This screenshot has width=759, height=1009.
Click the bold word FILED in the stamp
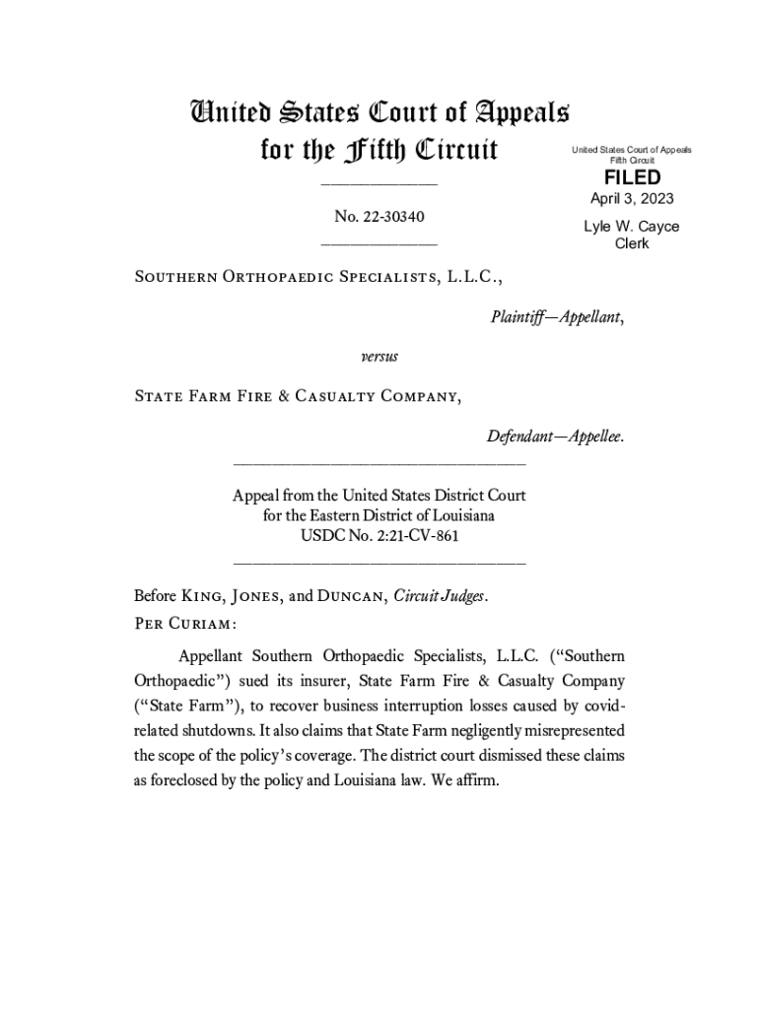point(632,177)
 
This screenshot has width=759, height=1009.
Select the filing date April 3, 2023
point(632,199)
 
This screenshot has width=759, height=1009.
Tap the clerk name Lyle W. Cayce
point(632,227)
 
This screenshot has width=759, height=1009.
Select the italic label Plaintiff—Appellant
point(556,317)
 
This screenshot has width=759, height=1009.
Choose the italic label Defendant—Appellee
point(555,436)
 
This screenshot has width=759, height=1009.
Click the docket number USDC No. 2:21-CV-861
point(379,536)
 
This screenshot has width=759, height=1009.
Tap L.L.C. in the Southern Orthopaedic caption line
point(474,278)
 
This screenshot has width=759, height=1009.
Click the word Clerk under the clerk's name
point(632,243)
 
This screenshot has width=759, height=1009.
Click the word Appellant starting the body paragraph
point(211,655)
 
